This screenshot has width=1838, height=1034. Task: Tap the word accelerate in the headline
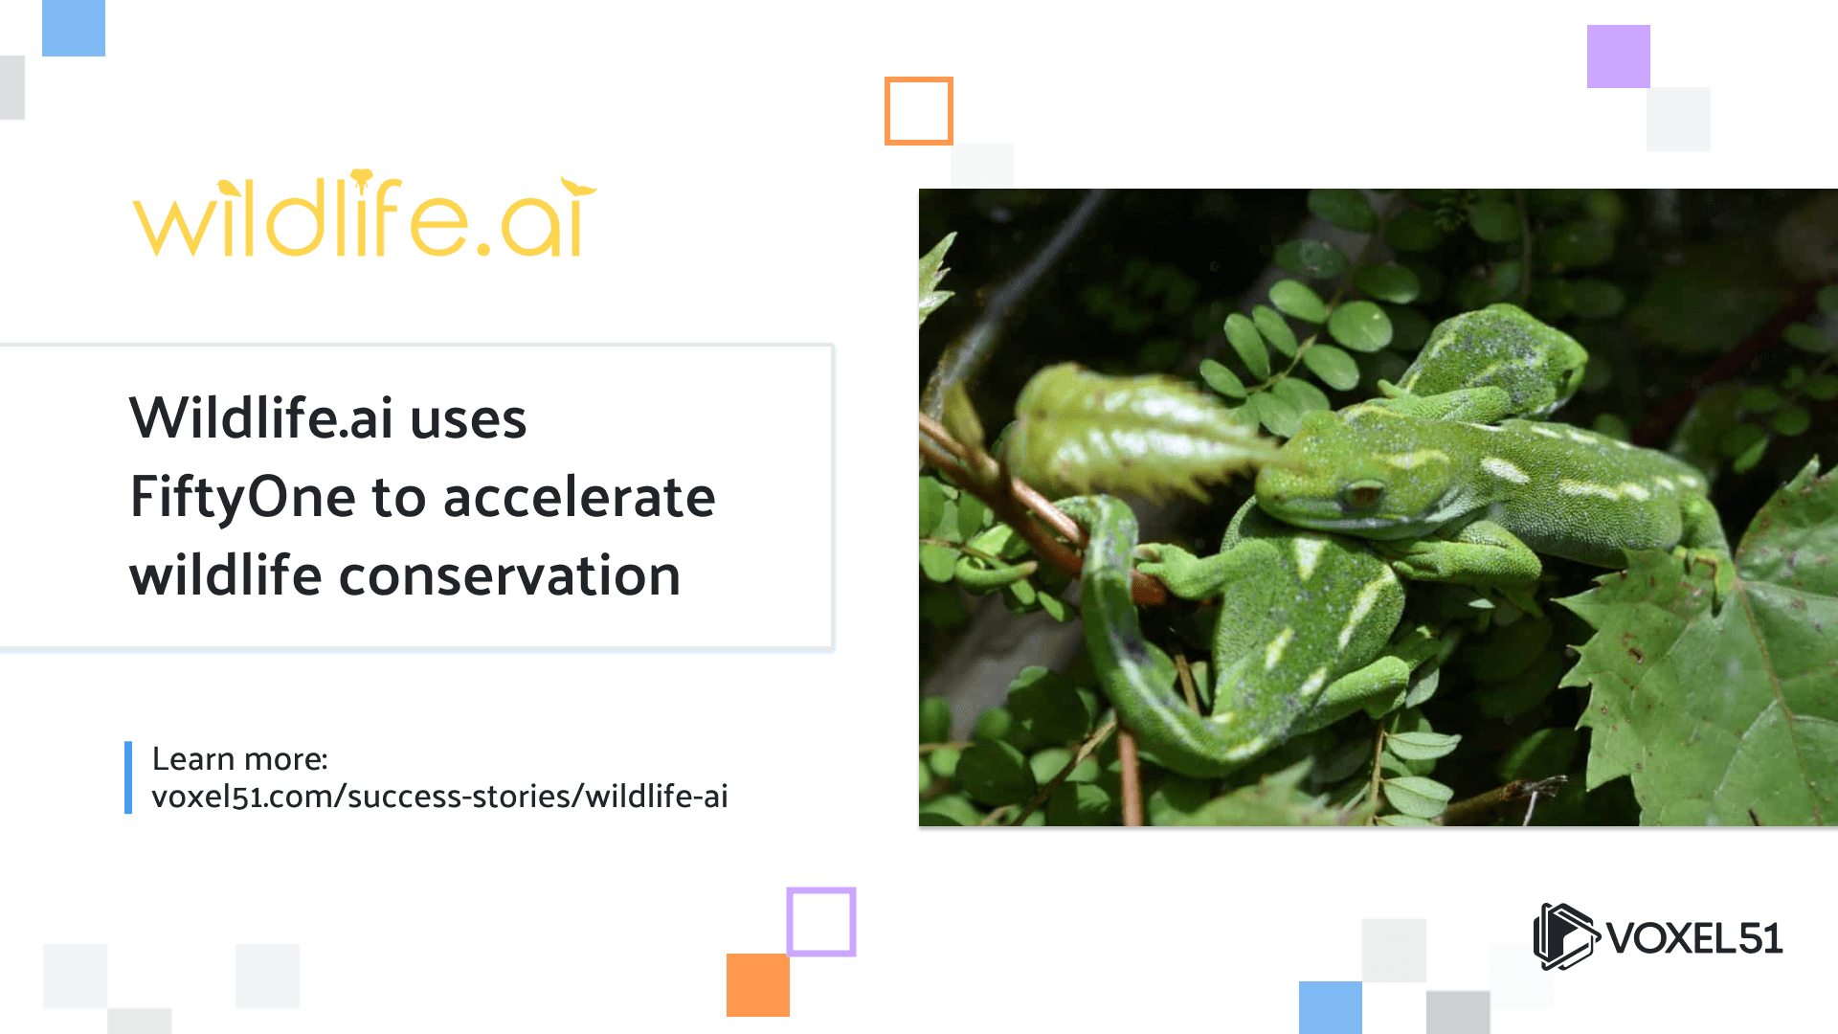(x=579, y=497)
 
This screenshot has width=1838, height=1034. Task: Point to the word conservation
(x=509, y=575)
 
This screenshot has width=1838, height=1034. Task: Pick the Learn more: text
(x=240, y=758)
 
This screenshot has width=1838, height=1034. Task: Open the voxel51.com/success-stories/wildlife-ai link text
(x=439, y=796)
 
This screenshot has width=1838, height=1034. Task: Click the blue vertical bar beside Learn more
(x=128, y=777)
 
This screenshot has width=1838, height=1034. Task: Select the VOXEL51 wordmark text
(x=1694, y=938)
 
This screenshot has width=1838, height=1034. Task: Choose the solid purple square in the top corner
(x=1619, y=56)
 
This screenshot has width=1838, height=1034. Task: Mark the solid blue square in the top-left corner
(x=74, y=28)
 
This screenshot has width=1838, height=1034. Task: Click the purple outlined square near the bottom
(x=821, y=890)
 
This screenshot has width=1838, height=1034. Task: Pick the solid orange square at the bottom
(x=758, y=984)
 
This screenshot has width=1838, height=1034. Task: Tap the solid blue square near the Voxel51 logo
(x=1331, y=1007)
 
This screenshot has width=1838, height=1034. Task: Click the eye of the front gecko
(x=1362, y=495)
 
